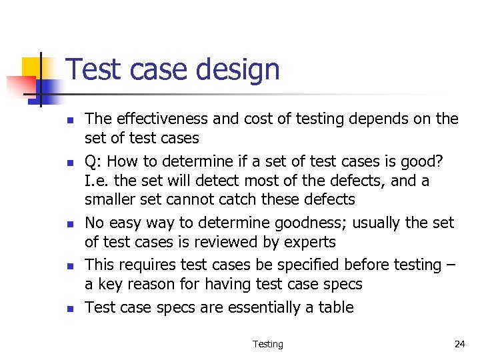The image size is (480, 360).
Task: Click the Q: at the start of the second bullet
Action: pos(94,161)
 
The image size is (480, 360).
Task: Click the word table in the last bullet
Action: pos(336,307)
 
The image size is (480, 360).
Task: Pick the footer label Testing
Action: pos(267,344)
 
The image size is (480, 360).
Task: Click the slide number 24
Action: pos(459,344)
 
